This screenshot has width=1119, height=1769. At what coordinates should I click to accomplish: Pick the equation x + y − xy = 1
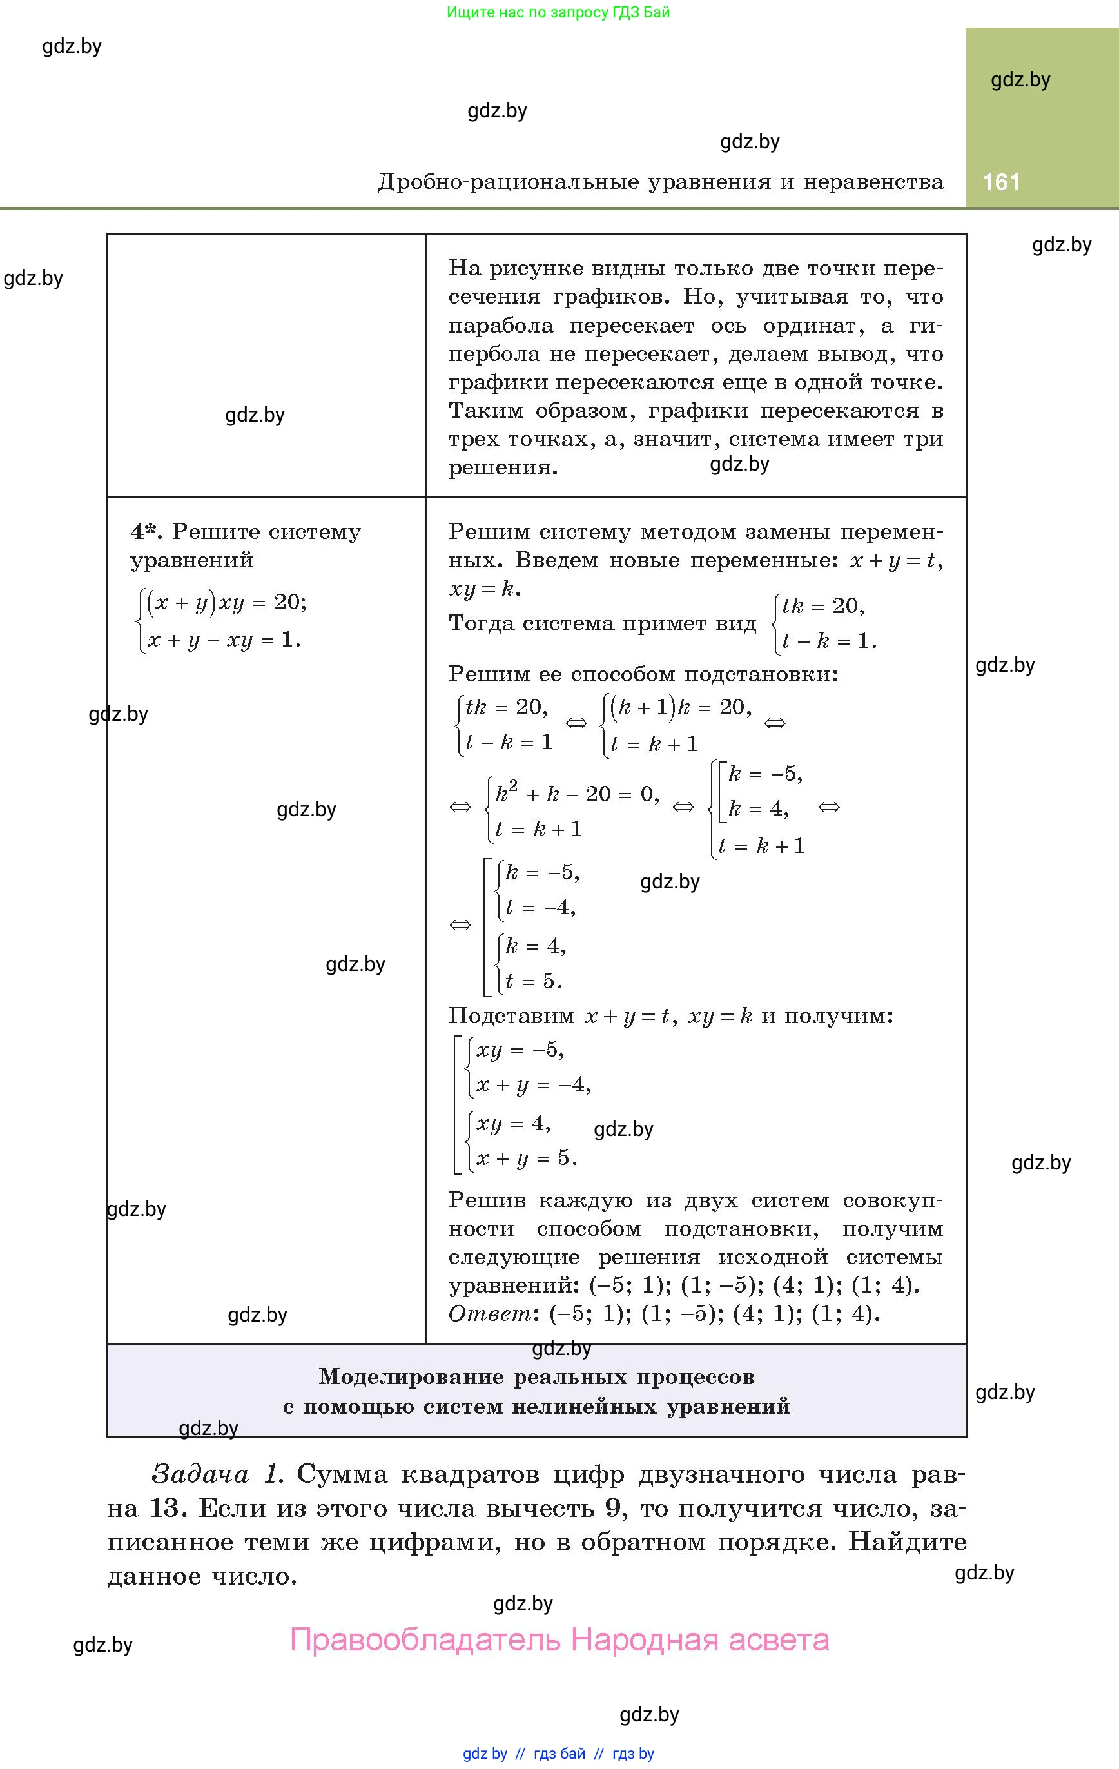(x=224, y=640)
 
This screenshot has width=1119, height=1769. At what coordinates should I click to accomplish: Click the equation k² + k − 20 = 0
(x=577, y=794)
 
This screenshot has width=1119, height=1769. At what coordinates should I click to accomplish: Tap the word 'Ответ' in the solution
(x=489, y=1313)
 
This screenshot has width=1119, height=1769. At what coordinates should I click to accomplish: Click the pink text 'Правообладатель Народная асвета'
(x=559, y=1639)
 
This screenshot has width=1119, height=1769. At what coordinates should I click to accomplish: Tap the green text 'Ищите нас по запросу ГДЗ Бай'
(x=558, y=12)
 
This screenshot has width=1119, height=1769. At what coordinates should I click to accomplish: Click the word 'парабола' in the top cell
(x=498, y=326)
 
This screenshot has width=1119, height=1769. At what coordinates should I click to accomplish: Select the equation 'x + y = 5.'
(x=526, y=1158)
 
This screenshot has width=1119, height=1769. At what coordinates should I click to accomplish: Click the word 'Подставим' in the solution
(x=511, y=1016)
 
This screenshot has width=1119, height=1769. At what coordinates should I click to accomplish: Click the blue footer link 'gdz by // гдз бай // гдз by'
(x=558, y=1754)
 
